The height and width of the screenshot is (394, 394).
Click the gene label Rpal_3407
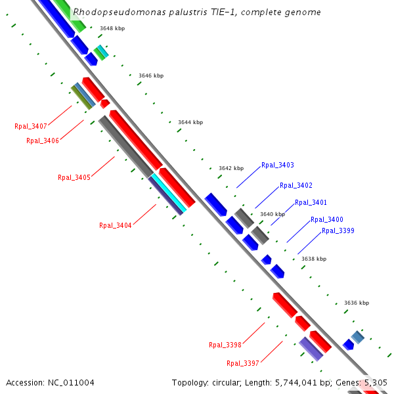30,125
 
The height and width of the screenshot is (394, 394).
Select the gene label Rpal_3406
42,141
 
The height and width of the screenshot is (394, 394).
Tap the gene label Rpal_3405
74,177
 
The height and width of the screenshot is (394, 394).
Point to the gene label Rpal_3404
115,225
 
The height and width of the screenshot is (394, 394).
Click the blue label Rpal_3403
277,165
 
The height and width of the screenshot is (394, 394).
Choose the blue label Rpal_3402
295,185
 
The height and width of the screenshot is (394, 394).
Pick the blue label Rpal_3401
311,202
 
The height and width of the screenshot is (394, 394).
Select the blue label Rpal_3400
326,219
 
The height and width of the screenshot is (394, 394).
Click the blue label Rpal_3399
338,230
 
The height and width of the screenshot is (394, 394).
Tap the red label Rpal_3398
225,345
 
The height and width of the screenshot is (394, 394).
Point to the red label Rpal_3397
242,363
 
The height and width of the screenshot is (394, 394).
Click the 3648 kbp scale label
112,28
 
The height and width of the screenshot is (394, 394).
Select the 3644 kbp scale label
190,122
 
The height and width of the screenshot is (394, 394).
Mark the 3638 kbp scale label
313,259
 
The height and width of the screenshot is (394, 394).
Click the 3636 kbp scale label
357,303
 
